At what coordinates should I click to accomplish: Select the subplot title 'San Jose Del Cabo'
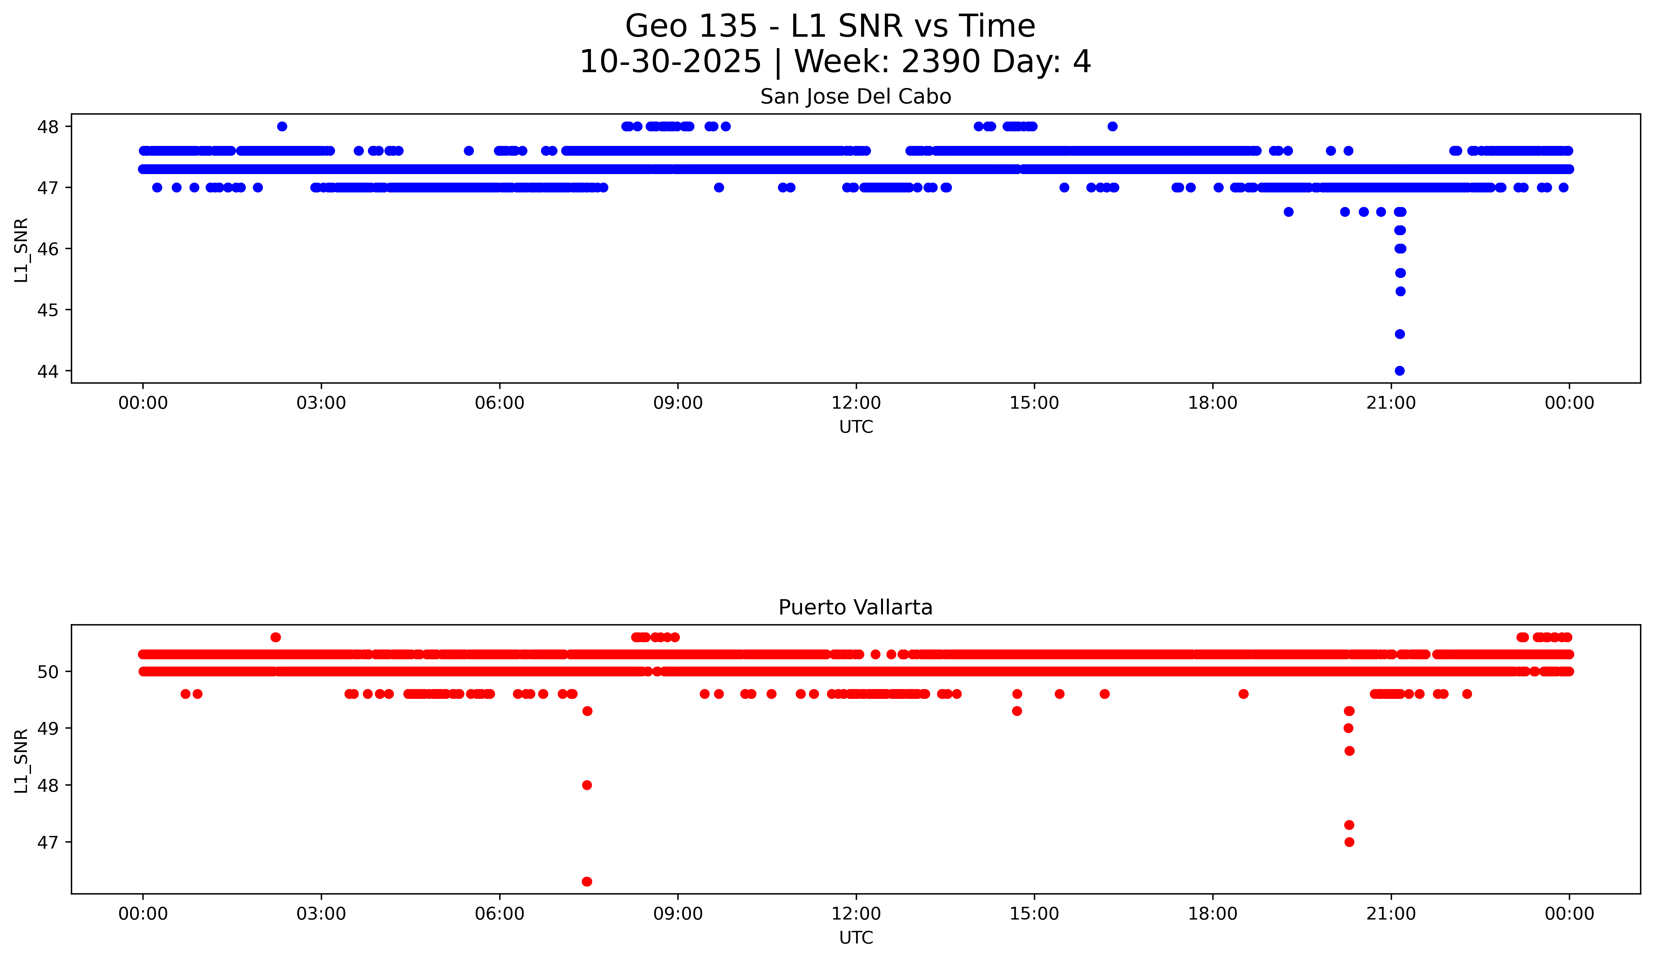click(x=855, y=97)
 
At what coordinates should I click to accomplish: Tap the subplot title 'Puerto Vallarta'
click(x=855, y=608)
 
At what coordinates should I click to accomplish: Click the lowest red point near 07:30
click(x=587, y=881)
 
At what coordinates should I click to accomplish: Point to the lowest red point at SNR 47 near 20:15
click(x=1349, y=842)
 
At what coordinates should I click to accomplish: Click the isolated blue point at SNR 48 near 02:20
click(x=282, y=127)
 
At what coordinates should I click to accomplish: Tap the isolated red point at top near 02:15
click(x=276, y=637)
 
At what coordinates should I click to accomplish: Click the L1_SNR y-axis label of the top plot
click(x=22, y=250)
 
